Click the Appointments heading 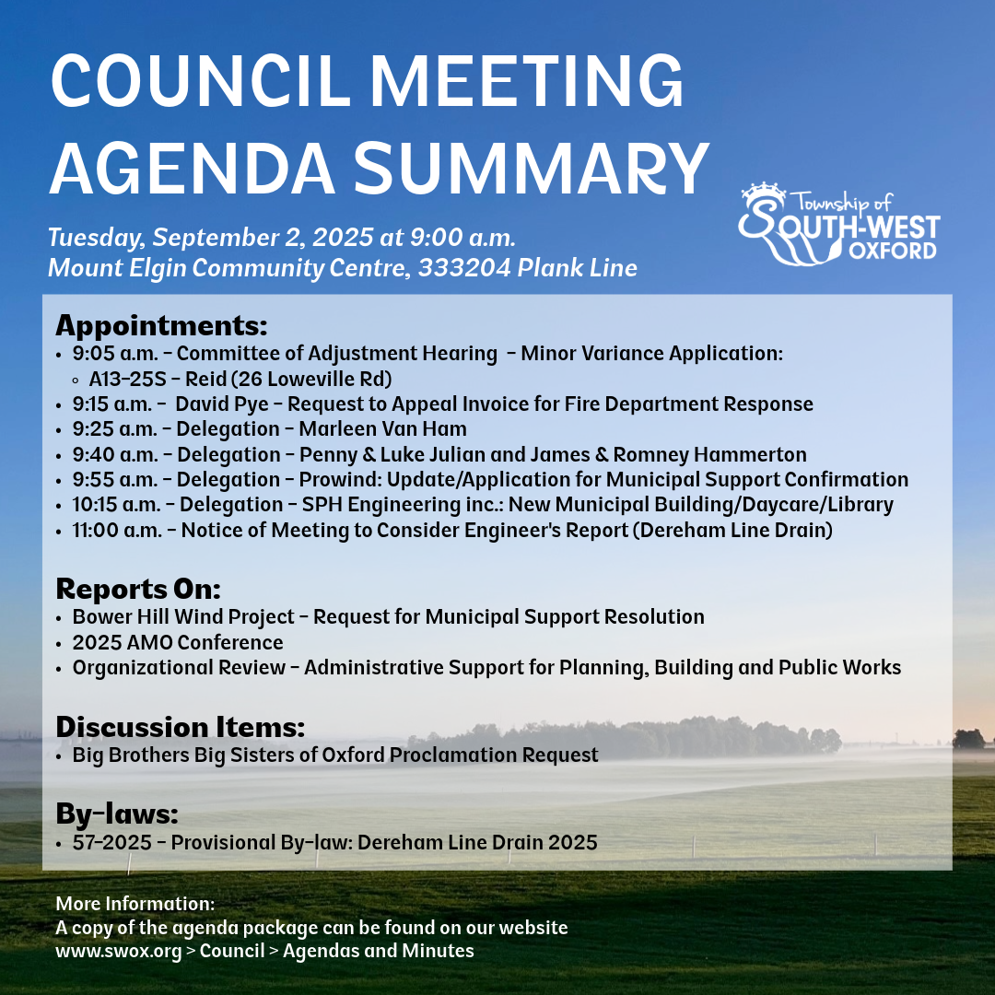click(161, 325)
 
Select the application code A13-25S click(128, 378)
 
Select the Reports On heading click(138, 588)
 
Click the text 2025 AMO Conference click(178, 642)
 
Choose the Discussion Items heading click(180, 726)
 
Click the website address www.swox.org click(119, 951)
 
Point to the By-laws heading click(116, 814)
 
